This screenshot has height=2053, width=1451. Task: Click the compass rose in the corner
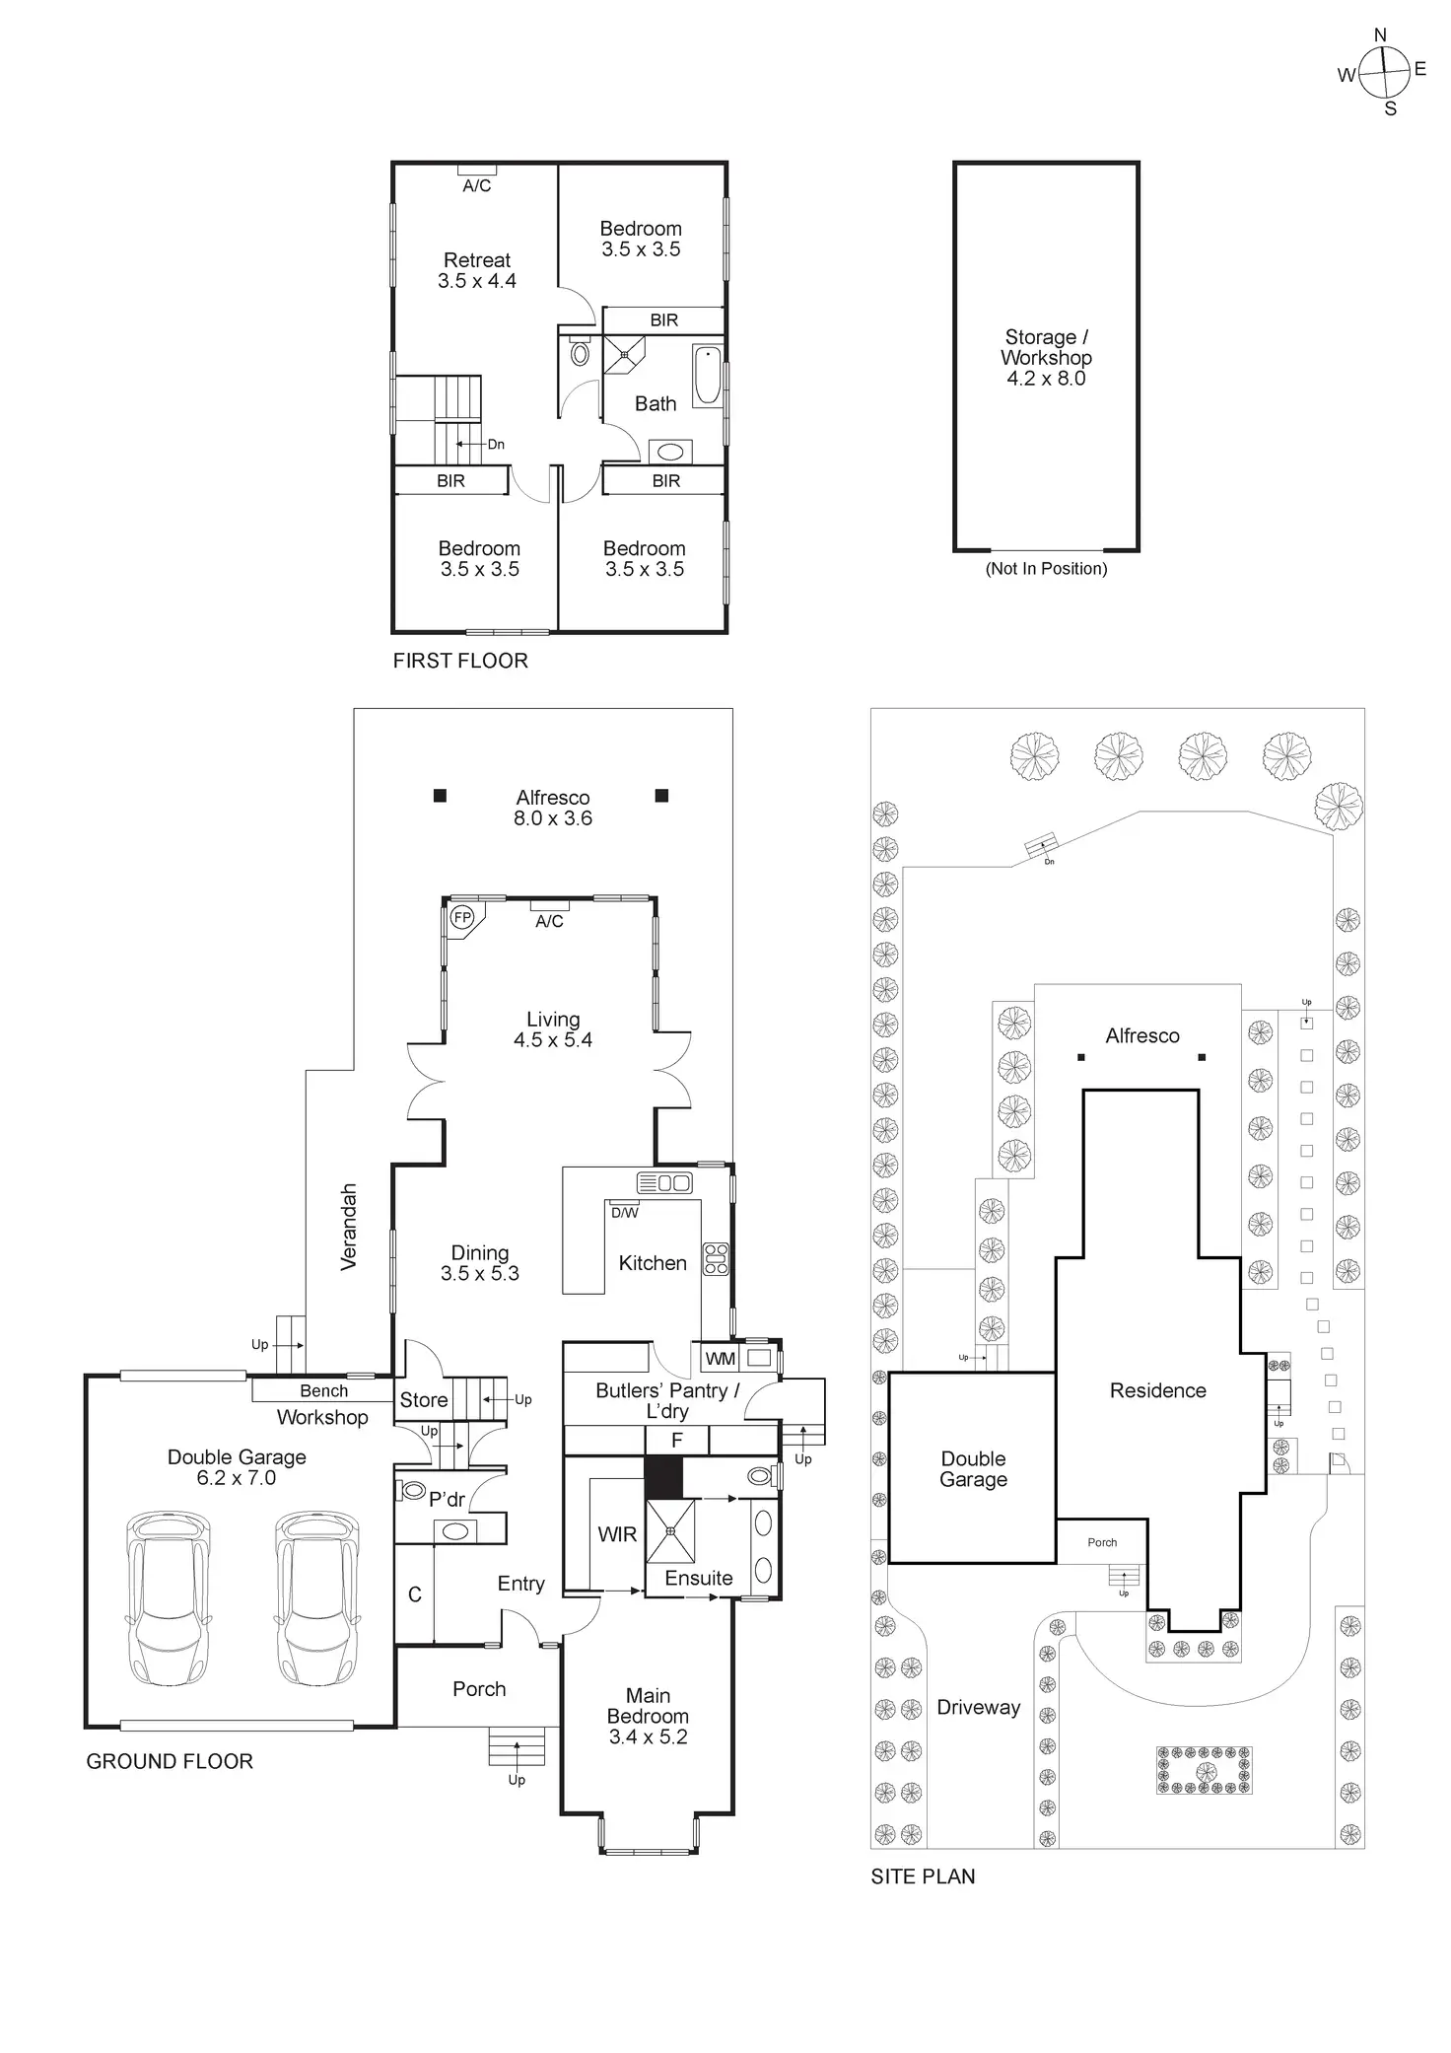pos(1384,72)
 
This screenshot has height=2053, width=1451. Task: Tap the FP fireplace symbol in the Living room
pos(461,918)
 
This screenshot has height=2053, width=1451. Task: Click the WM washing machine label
pos(721,1359)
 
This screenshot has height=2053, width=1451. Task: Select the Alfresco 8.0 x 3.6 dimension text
pos(553,818)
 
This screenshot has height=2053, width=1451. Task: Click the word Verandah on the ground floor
pos(348,1227)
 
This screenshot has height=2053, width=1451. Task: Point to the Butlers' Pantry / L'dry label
pos(667,1400)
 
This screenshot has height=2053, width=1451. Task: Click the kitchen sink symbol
pos(665,1183)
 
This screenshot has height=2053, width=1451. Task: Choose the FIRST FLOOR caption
pos(460,661)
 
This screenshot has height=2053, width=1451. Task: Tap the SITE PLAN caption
pos(923,1876)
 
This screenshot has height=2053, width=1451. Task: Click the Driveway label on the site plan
pos(979,1707)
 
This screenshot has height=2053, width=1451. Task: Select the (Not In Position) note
pos(1046,569)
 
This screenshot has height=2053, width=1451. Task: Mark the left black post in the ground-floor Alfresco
pos(440,796)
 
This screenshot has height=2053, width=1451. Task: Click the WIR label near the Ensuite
pos(617,1534)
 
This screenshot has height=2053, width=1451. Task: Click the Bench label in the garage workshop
pos(323,1390)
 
